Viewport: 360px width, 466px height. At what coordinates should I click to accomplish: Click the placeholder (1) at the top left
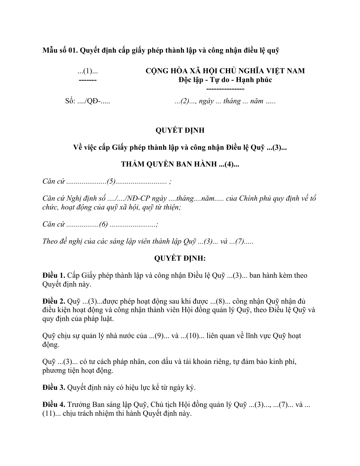(x=88, y=71)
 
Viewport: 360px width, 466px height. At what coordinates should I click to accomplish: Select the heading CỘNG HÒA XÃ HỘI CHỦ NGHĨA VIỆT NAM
(x=225, y=71)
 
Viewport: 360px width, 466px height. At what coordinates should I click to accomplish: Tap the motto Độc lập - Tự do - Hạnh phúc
(x=225, y=80)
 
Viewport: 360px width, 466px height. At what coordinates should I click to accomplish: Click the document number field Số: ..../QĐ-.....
(x=88, y=101)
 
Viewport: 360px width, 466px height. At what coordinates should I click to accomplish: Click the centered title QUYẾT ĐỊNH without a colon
(x=180, y=130)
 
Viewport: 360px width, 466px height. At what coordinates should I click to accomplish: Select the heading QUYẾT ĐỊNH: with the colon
(x=180, y=258)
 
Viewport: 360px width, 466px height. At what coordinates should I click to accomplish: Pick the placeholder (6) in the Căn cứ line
(x=104, y=224)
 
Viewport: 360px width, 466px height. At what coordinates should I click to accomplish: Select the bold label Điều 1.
(x=54, y=276)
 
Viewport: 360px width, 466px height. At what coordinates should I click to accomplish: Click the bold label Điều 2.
(x=54, y=302)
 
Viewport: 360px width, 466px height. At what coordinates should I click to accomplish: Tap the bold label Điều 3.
(x=54, y=387)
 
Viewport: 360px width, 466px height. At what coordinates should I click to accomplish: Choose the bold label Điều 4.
(x=54, y=405)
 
